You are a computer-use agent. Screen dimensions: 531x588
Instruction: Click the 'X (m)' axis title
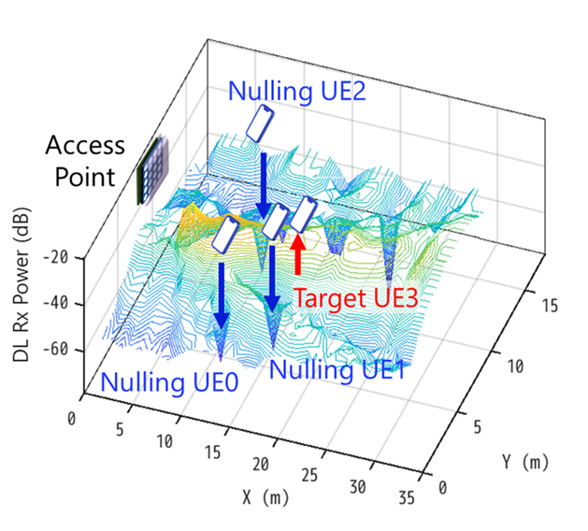point(265,497)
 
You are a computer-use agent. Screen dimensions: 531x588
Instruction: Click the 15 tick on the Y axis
point(551,306)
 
